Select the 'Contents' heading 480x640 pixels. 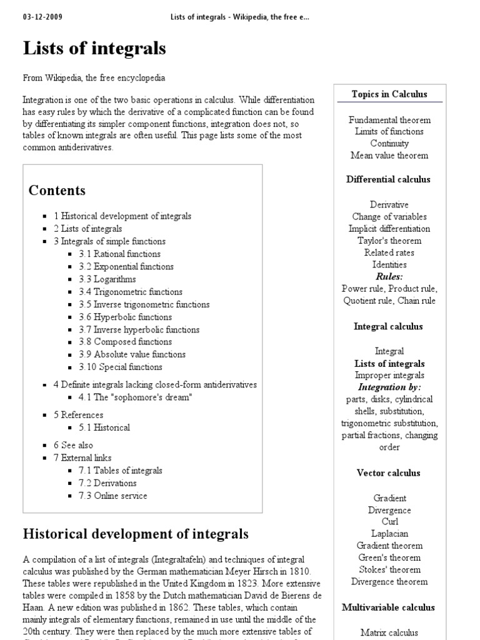click(x=57, y=191)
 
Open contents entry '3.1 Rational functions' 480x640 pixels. click(x=119, y=254)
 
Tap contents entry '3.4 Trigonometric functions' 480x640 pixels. click(x=131, y=292)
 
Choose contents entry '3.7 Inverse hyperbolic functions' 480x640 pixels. click(x=139, y=329)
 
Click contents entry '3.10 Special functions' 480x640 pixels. click(x=121, y=367)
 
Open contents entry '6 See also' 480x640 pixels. click(x=73, y=445)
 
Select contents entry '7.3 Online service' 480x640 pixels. click(x=113, y=496)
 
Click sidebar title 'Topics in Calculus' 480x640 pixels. click(x=389, y=94)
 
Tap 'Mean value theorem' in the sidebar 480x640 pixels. click(x=389, y=156)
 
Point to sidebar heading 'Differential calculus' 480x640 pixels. click(x=389, y=179)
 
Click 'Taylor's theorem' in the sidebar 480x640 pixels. click(x=389, y=241)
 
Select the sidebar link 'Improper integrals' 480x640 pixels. click(x=389, y=376)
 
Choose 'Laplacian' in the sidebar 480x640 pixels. click(x=389, y=534)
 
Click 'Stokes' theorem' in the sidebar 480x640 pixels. click(x=389, y=569)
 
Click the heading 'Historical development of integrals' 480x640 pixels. click(x=136, y=534)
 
